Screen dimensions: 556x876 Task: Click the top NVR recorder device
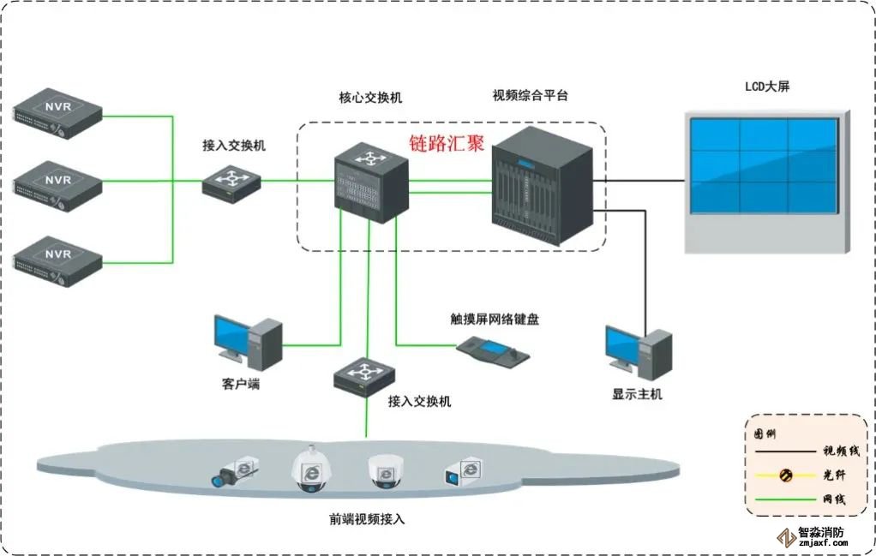(x=57, y=111)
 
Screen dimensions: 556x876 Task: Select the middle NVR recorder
(x=57, y=183)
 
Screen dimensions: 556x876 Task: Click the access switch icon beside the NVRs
(x=231, y=182)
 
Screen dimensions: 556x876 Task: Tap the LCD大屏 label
(x=767, y=87)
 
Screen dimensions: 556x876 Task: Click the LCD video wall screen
(x=764, y=165)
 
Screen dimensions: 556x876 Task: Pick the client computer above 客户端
(x=248, y=343)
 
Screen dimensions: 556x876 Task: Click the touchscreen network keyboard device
(x=492, y=348)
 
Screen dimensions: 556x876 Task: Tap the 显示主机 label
(x=637, y=395)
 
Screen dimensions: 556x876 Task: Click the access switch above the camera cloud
(x=367, y=374)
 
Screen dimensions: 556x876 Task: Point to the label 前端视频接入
(x=366, y=519)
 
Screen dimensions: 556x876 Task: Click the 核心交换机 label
(x=370, y=98)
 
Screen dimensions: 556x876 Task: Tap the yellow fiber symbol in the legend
(x=784, y=475)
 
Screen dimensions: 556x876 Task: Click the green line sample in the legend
(x=784, y=499)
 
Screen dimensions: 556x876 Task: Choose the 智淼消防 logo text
(x=821, y=531)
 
